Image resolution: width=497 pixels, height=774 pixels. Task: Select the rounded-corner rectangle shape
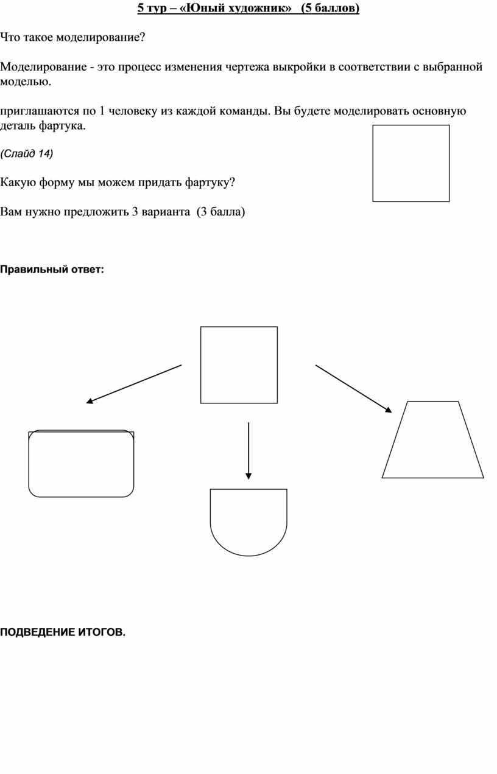(x=29, y=463)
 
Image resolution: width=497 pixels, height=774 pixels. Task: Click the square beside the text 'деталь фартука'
(x=373, y=163)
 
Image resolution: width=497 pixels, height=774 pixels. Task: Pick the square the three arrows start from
(x=201, y=365)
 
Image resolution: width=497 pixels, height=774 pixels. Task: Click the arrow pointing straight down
(x=248, y=450)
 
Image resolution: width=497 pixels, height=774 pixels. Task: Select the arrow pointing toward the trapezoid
(x=353, y=389)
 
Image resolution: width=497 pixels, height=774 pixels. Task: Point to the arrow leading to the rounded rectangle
(x=133, y=384)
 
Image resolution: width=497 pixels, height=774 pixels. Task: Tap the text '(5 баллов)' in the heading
(x=330, y=8)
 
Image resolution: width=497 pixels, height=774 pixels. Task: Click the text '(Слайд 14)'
(x=27, y=153)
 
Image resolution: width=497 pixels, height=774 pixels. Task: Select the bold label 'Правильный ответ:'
(x=52, y=269)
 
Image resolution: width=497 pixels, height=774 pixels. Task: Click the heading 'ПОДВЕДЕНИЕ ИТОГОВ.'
(x=63, y=632)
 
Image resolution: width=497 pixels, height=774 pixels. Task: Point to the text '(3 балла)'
(x=220, y=212)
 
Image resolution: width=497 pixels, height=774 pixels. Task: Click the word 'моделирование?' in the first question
(x=100, y=37)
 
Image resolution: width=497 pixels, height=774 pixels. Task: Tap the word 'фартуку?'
(x=210, y=182)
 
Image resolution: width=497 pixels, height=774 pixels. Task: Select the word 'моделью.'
(x=26, y=82)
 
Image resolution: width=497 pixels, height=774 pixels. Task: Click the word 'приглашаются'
(x=40, y=111)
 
